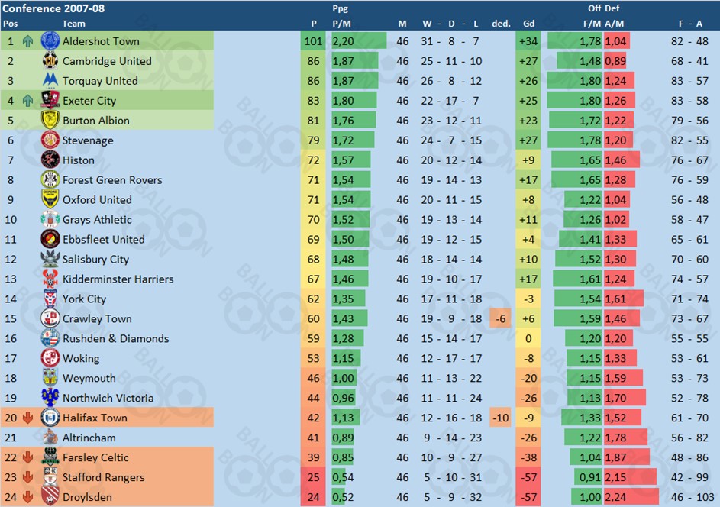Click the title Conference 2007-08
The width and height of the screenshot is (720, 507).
tap(53, 8)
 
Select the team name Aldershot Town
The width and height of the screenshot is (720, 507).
tap(101, 41)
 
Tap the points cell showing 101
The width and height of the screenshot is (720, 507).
tap(314, 41)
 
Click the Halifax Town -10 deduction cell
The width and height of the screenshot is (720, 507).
tap(500, 418)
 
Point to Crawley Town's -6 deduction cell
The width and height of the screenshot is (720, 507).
tap(500, 318)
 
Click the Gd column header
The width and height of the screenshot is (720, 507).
tap(528, 24)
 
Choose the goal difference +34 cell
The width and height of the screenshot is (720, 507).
tap(528, 41)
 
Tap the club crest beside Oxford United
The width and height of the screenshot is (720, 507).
tap(50, 199)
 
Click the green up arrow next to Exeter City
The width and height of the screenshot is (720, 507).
tap(28, 101)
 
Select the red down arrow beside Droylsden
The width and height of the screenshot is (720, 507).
tap(28, 497)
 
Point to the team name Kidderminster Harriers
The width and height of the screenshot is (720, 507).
tap(118, 279)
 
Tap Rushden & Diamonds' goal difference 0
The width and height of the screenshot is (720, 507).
tap(528, 338)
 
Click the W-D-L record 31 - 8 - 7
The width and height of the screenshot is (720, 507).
tap(450, 41)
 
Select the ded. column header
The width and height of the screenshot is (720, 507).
tap(501, 24)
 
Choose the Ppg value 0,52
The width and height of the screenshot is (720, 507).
tap(343, 497)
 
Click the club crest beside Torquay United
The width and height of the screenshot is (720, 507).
tap(50, 81)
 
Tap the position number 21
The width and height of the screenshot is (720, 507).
tap(11, 438)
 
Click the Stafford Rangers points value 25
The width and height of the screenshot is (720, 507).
tap(314, 477)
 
